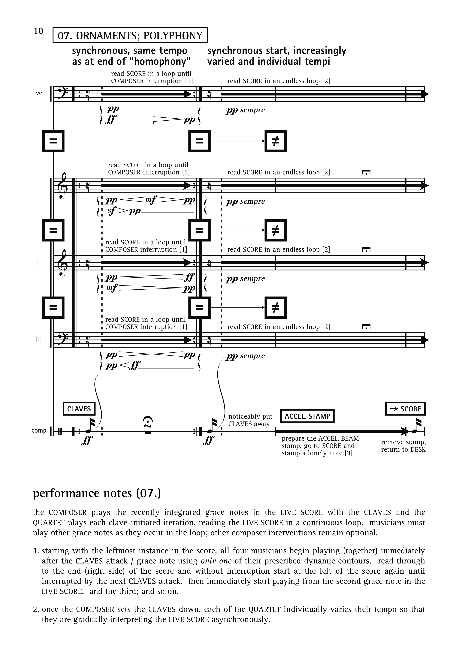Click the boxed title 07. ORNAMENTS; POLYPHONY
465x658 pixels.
pyautogui.click(x=130, y=35)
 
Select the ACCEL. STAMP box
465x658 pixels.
pyautogui.click(x=307, y=416)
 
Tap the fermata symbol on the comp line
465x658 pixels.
pyautogui.click(x=148, y=423)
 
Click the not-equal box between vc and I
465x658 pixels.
pyautogui.click(x=275, y=141)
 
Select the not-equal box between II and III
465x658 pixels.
pyautogui.click(x=275, y=307)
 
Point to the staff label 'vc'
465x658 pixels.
pyautogui.click(x=39, y=93)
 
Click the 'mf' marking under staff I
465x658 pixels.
pyautogui.click(x=151, y=200)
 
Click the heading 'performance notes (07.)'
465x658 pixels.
pyautogui.click(x=97, y=493)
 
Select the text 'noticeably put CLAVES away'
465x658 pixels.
pyautogui.click(x=250, y=420)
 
